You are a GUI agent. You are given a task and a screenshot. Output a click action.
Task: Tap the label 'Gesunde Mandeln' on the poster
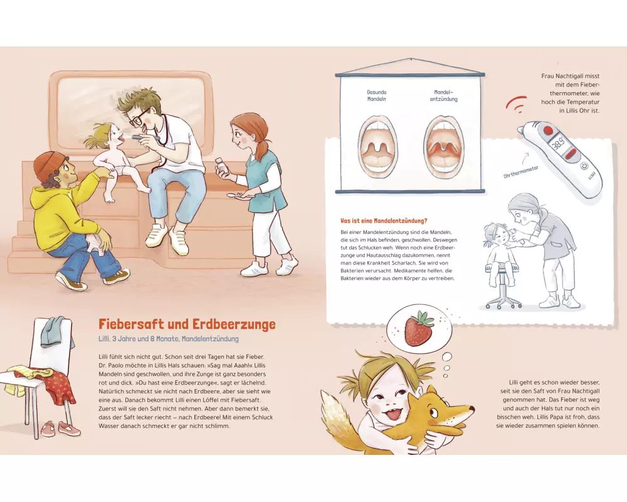click(376, 95)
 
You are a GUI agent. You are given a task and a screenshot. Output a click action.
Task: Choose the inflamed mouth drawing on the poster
click(443, 147)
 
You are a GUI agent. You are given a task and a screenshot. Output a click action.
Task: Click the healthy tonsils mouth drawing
click(377, 147)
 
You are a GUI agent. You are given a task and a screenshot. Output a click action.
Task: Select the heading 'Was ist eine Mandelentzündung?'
click(384, 221)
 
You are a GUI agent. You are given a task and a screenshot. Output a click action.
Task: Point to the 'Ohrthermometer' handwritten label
click(520, 172)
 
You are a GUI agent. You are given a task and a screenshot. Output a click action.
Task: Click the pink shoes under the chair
click(61, 429)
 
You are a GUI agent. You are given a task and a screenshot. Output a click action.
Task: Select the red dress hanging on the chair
click(61, 385)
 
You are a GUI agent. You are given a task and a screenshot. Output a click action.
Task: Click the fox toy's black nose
click(473, 409)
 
